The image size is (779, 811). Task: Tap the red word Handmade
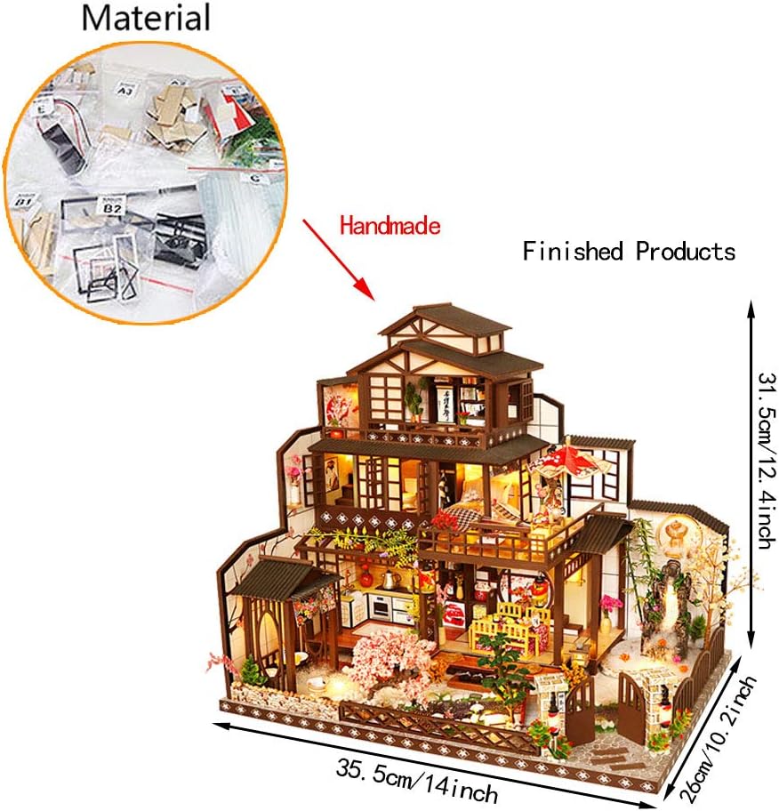(x=389, y=226)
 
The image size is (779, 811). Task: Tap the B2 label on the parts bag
(x=113, y=208)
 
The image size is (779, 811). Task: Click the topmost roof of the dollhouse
(x=445, y=320)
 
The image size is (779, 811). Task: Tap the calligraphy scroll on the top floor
(x=447, y=400)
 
